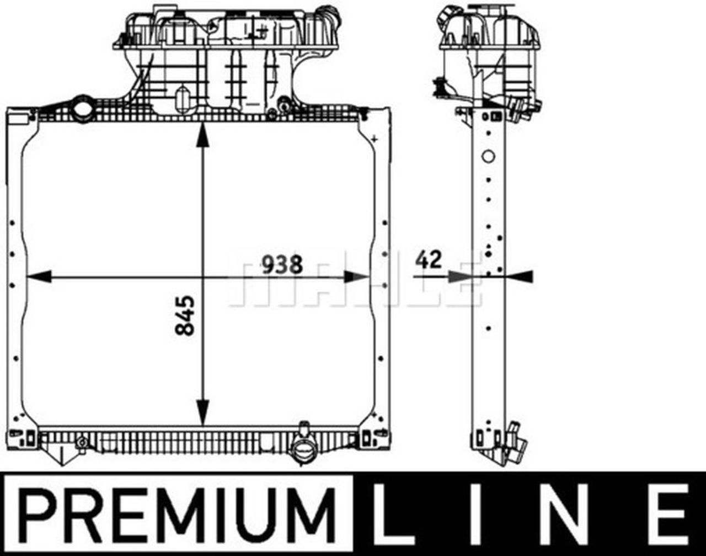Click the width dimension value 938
(282, 264)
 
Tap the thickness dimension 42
(429, 260)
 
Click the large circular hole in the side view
(488, 156)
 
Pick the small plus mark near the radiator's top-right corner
(375, 137)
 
